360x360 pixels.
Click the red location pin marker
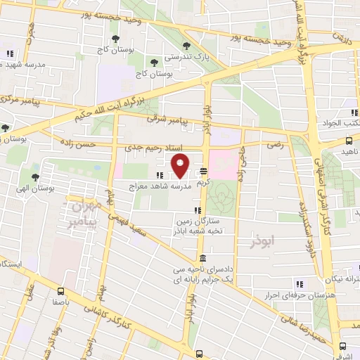pos(180,167)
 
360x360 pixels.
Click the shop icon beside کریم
pos(203,171)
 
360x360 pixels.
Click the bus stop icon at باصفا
pos(61,289)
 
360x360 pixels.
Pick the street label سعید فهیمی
pos(138,222)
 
